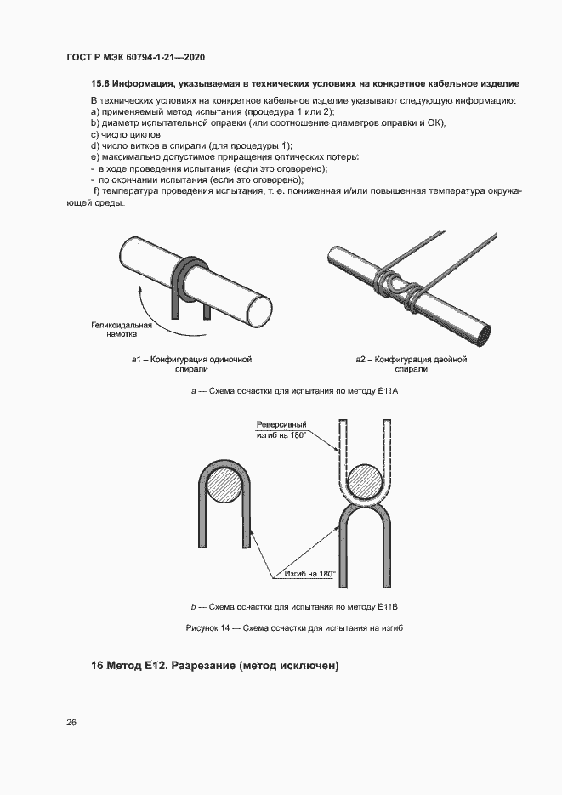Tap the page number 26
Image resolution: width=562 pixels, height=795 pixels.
pos(71,723)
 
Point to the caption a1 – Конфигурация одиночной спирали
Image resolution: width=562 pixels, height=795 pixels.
pos(191,365)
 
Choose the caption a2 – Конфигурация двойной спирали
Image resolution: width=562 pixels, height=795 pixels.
pos(411,365)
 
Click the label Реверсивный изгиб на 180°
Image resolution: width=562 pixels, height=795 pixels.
pos(281,430)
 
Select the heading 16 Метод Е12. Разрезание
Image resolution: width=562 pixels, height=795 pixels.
pos(215,666)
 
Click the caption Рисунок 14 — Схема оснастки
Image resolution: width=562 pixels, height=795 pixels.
pos(293,628)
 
